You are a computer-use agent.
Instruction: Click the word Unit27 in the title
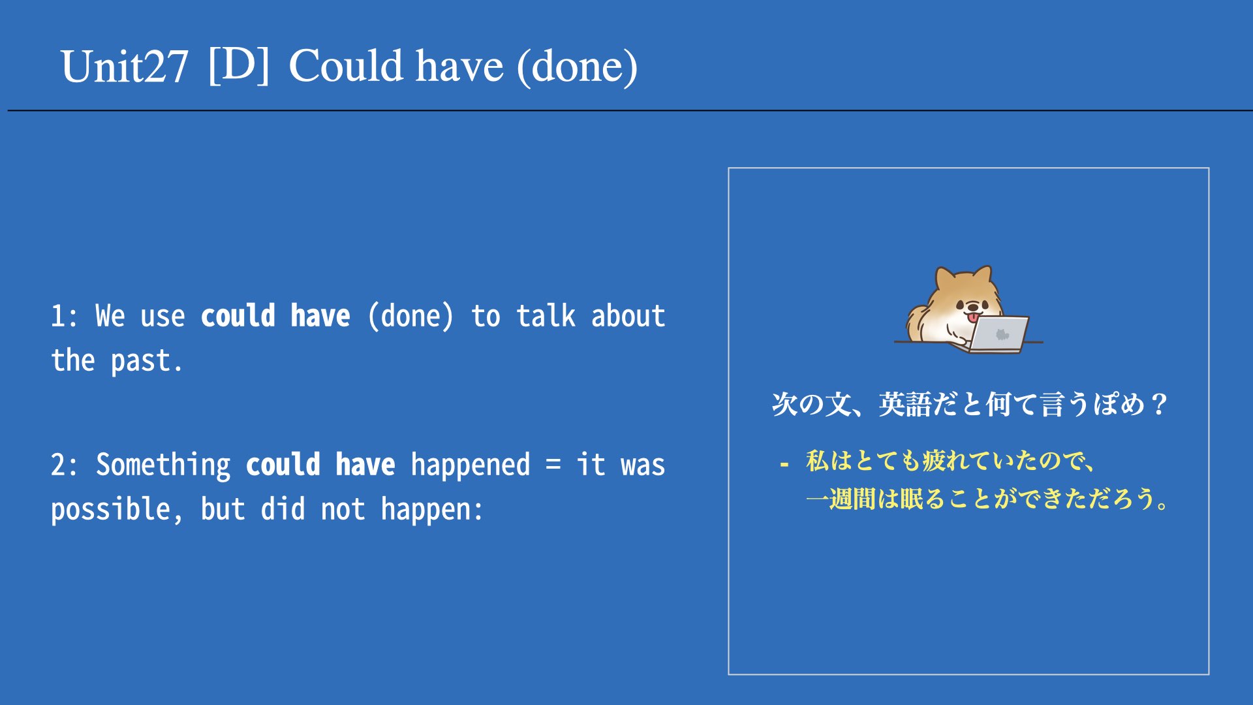click(x=125, y=67)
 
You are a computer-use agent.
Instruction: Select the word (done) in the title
click(x=577, y=67)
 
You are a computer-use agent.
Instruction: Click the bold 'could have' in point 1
click(x=275, y=316)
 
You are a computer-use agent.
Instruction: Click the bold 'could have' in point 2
click(x=320, y=465)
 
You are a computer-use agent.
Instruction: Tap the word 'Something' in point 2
click(x=163, y=465)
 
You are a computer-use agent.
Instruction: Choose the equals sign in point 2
click(x=553, y=465)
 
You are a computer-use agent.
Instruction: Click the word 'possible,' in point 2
click(x=117, y=510)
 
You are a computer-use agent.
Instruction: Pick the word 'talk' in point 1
click(x=546, y=316)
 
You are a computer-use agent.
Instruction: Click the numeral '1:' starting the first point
click(x=65, y=317)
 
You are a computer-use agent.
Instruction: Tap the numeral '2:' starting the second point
click(x=65, y=465)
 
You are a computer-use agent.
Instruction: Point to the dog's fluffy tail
click(x=919, y=321)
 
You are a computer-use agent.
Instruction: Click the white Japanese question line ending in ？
click(x=970, y=405)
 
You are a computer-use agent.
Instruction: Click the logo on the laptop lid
click(x=1002, y=335)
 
